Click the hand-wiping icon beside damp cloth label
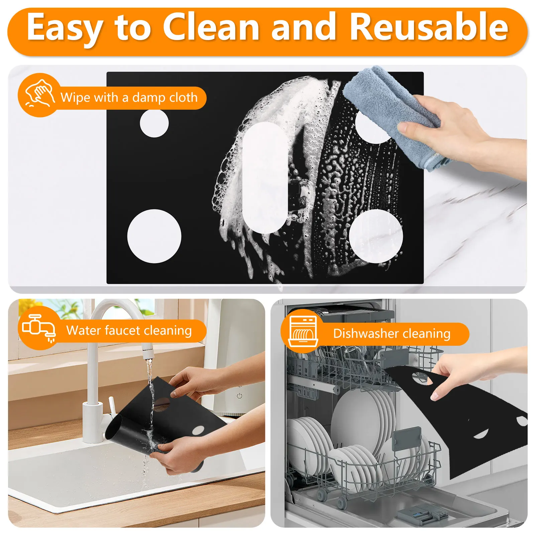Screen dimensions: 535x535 pos(39,94)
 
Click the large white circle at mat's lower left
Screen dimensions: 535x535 pos(154,236)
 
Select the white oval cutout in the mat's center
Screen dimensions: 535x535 pos(265,177)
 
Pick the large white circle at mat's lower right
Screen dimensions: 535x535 pos(376,236)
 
